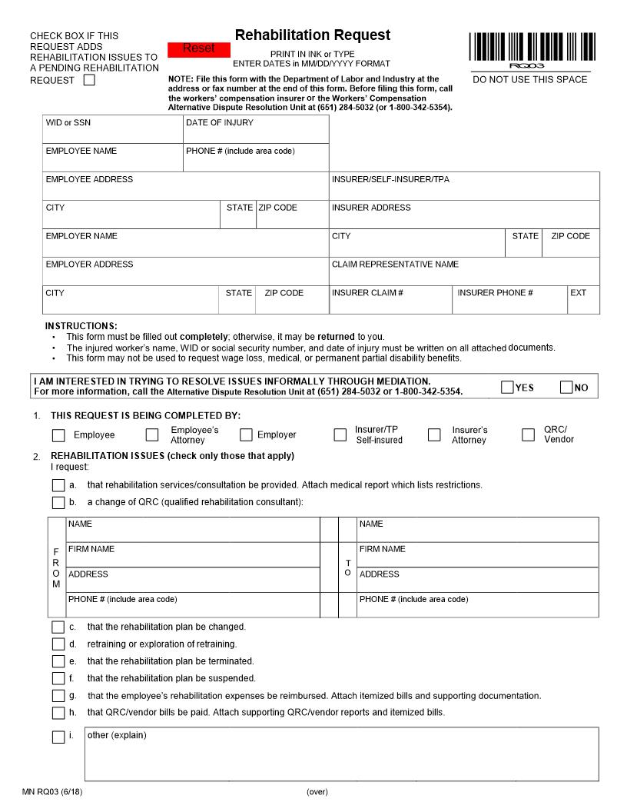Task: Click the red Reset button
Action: pyautogui.click(x=198, y=48)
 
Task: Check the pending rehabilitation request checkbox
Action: pyautogui.click(x=89, y=80)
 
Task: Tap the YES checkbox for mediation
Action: pyautogui.click(x=507, y=388)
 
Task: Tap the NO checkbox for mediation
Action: pyautogui.click(x=566, y=388)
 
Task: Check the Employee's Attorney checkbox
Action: pyautogui.click(x=152, y=435)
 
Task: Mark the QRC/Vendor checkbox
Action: pyautogui.click(x=528, y=435)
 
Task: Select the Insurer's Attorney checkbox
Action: pyautogui.click(x=434, y=435)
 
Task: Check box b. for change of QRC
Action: pyautogui.click(x=58, y=503)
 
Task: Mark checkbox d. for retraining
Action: pyautogui.click(x=58, y=644)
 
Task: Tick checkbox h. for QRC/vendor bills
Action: pyautogui.click(x=58, y=713)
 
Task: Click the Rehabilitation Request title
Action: pyautogui.click(x=312, y=35)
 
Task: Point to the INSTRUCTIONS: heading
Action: pyautogui.click(x=81, y=326)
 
